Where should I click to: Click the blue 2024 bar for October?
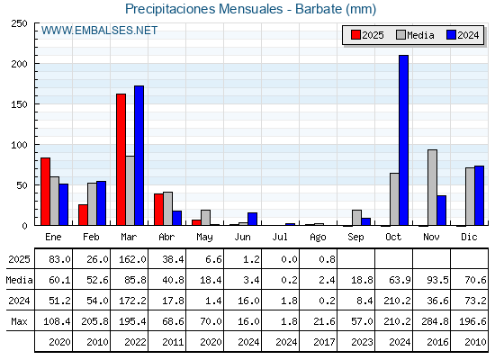[403, 140]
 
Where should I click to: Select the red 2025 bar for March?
[121, 159]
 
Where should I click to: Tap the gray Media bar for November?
[432, 187]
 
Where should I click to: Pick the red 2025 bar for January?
[45, 192]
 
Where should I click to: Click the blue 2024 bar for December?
[479, 195]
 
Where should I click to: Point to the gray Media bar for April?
[167, 209]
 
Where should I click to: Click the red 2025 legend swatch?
[355, 35]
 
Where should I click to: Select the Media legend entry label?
[420, 35]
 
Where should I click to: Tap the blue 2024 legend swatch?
[451, 35]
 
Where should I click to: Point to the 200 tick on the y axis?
[36, 64]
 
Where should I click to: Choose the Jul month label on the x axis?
[280, 237]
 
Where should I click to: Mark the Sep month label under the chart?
[355, 237]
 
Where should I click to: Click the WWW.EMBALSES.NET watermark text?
[99, 31]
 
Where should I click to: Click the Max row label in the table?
[19, 321]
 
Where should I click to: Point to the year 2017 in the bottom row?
[324, 342]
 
